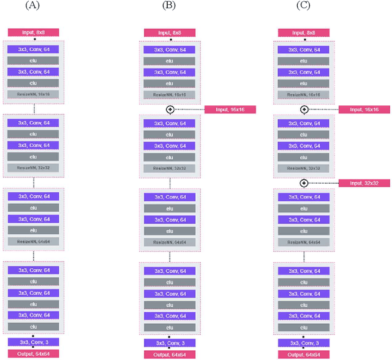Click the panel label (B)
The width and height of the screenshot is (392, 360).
168,6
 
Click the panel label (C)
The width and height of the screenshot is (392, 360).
303,6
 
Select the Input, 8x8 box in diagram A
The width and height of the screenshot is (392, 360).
34,32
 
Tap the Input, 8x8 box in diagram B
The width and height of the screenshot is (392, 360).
170,32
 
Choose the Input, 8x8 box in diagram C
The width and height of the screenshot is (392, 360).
304,32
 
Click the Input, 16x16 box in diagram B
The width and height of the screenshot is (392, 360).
230,110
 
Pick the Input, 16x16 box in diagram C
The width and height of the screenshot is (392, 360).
364,110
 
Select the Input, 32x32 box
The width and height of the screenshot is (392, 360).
364,183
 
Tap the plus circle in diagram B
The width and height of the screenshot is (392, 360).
170,110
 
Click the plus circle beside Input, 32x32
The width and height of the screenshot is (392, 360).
304,183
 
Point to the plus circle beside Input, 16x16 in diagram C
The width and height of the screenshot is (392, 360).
304,110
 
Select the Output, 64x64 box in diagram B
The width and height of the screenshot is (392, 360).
170,354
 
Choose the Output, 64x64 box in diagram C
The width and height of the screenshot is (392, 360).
304,354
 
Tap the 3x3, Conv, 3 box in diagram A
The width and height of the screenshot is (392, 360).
34,342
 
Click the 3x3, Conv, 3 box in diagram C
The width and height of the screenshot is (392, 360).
304,343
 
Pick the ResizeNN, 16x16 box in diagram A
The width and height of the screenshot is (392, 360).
34,94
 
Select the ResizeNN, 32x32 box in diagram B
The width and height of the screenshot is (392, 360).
170,168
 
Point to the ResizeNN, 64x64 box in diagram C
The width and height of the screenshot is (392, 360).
304,242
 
